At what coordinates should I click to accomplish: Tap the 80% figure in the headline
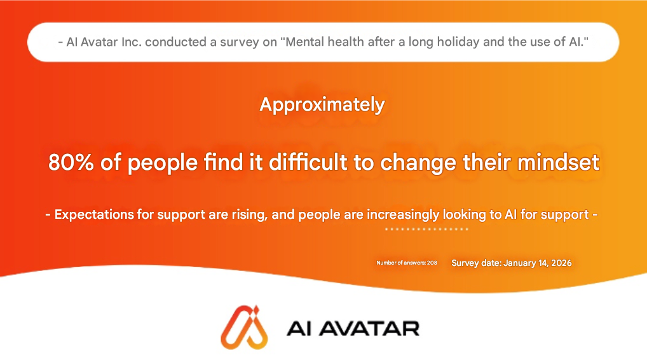(71, 162)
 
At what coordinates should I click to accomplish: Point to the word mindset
(558, 162)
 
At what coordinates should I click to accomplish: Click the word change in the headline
(418, 163)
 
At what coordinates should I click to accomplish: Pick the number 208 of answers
(432, 263)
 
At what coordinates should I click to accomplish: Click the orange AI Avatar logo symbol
(244, 328)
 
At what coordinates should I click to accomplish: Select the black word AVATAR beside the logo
(369, 329)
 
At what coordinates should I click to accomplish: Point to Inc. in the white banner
(131, 42)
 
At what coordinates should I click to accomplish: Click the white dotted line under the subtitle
(426, 229)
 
